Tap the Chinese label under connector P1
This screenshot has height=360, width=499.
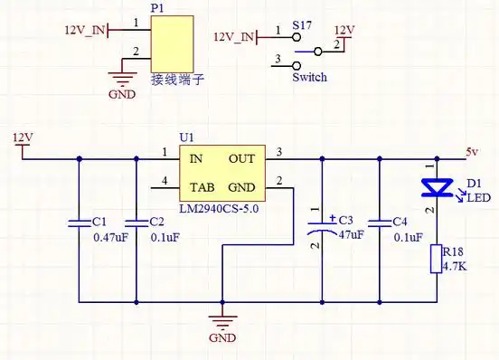point(176,80)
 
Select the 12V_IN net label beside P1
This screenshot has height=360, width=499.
point(84,30)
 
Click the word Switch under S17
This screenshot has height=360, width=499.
point(309,78)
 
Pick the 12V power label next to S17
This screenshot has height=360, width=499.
point(344,29)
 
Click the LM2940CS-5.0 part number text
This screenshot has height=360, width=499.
point(219,209)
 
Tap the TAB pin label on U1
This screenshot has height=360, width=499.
point(201,189)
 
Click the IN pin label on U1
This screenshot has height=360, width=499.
point(195,158)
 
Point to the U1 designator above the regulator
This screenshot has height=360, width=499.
point(187,137)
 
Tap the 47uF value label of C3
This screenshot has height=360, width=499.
point(350,234)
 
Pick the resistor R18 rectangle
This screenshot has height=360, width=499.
point(438,259)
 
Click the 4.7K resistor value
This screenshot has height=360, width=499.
point(457,266)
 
